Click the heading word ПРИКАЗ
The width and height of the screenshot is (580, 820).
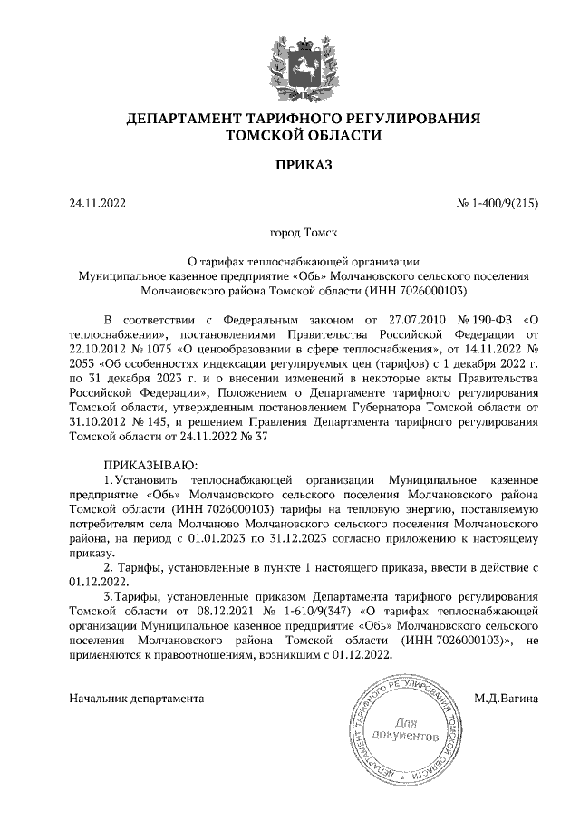[x=291, y=165]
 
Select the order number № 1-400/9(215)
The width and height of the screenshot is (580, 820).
[x=498, y=203]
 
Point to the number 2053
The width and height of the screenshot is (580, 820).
[x=85, y=365]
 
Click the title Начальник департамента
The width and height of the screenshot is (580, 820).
[x=137, y=699]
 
